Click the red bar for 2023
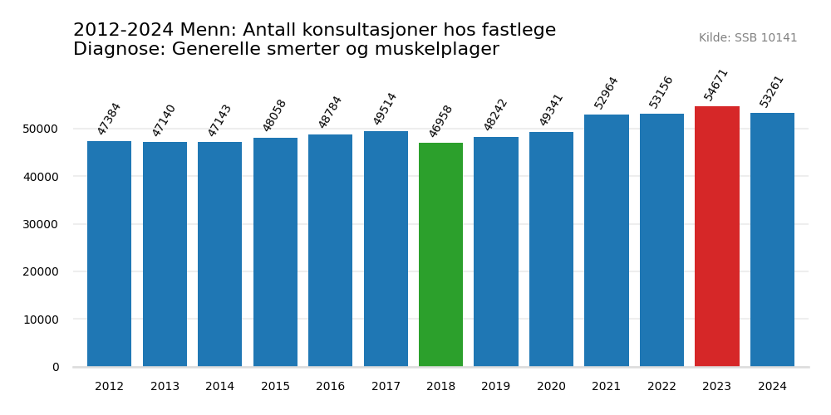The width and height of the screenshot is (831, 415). [716, 237]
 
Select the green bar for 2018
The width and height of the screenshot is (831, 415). [440, 255]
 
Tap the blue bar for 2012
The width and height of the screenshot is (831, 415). [109, 254]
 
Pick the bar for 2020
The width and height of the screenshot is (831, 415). [551, 249]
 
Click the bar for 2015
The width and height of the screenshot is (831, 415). [275, 252]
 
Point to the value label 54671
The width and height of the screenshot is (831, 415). [716, 84]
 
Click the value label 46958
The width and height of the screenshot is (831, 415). [440, 120]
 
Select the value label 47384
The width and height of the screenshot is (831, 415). [109, 119]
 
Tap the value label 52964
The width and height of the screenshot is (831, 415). [606, 92]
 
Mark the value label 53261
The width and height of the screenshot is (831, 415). [771, 90]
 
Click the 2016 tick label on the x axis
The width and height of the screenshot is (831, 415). [330, 387]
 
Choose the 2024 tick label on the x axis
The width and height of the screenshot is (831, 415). [772, 387]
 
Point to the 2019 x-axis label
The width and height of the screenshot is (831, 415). [495, 387]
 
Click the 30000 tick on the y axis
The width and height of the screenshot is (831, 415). [41, 224]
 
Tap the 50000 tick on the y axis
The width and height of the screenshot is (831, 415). [41, 129]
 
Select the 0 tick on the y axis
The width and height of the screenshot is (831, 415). [56, 367]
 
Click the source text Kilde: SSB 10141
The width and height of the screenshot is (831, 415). [748, 38]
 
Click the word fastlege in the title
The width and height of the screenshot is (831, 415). [517, 31]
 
